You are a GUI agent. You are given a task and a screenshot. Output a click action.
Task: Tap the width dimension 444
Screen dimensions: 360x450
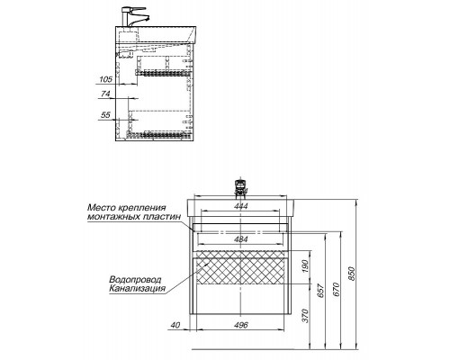point(239,206)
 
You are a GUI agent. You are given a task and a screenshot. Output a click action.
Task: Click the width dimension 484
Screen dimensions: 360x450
point(239,238)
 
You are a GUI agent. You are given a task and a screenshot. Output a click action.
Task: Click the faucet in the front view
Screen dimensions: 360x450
point(239,186)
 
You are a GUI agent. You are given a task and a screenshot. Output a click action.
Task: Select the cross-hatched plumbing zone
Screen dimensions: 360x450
point(239,267)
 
